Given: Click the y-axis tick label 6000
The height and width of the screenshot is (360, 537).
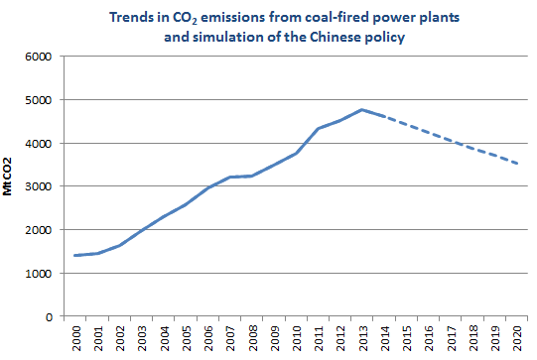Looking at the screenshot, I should (x=38, y=57).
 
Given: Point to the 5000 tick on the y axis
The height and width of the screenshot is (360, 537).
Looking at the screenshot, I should (x=38, y=100).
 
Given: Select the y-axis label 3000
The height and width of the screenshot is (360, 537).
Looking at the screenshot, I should (x=38, y=186).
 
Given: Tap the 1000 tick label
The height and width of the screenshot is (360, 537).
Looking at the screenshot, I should (x=38, y=274).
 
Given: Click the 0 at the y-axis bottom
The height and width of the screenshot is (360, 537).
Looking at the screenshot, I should (x=47, y=317).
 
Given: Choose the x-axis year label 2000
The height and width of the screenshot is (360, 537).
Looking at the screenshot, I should (x=76, y=338).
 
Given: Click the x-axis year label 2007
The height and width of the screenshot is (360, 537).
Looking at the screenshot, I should (x=229, y=338).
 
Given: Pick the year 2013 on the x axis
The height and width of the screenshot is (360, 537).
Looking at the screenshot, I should (x=361, y=338).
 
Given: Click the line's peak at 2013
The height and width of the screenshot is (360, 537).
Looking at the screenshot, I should (x=361, y=109).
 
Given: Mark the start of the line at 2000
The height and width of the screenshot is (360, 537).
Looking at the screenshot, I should (x=76, y=256).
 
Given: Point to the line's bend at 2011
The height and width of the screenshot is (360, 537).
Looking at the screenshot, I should (x=318, y=128).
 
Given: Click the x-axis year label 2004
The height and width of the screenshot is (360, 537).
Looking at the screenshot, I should (x=164, y=338).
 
